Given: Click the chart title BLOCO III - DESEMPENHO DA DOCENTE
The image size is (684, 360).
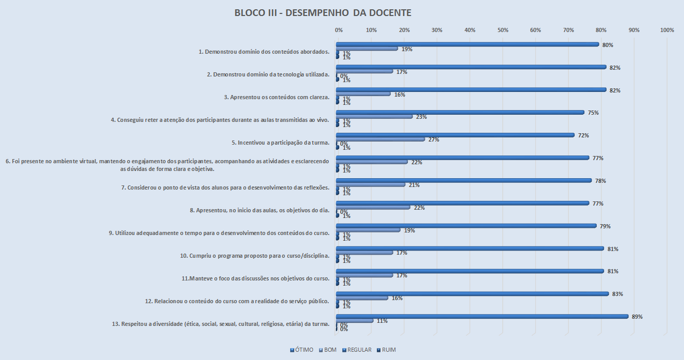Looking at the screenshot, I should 323,12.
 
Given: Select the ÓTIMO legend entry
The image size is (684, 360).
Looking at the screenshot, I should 302,350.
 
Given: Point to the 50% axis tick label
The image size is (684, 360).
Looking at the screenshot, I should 503,30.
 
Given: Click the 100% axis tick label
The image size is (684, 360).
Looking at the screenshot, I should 667,30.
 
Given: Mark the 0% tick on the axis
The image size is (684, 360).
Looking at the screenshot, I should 339,30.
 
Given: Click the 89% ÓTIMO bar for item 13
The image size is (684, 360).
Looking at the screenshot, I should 482,317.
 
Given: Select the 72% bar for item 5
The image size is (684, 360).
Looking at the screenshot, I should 455,135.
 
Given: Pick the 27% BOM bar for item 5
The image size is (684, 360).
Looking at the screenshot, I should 380,139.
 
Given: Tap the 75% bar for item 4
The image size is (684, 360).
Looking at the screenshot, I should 460,113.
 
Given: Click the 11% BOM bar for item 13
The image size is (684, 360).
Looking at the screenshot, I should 354,321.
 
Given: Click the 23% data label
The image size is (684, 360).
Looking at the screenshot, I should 421,117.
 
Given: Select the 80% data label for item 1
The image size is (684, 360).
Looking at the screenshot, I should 608,45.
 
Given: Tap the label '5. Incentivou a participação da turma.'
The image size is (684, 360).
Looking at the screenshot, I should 280,142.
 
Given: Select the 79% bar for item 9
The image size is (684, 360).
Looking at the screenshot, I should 466,226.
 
